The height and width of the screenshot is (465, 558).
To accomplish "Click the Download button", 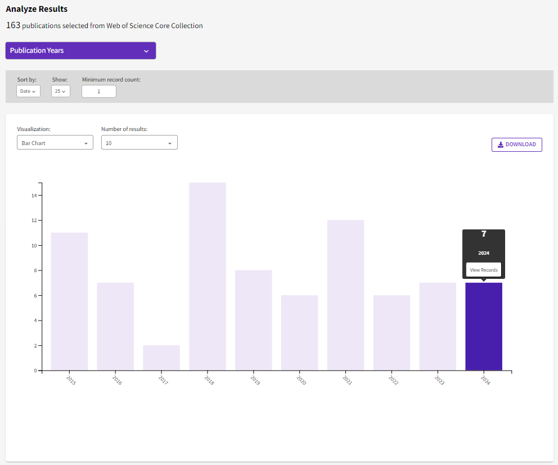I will (516, 145).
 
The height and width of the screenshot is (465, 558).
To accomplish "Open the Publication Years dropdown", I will (80, 51).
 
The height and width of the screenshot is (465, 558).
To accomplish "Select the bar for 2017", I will (161, 358).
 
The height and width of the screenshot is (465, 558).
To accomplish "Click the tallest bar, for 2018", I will (207, 276).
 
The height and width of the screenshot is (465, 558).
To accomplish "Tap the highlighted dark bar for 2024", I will (484, 326).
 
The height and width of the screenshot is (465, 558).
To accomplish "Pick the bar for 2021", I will (345, 295).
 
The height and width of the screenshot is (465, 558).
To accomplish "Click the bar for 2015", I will (69, 301).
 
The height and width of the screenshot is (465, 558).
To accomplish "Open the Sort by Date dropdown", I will (28, 91).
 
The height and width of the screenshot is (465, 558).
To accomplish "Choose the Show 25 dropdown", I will (61, 91).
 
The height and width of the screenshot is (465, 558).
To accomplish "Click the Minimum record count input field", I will (99, 91).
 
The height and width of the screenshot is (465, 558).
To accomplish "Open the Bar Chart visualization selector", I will (55, 143).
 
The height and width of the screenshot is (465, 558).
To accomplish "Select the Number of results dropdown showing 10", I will (139, 143).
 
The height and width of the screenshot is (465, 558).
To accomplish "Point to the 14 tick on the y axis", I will (34, 196).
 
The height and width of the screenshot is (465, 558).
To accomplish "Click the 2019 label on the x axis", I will (255, 380).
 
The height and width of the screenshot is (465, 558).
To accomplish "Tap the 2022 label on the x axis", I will (393, 380).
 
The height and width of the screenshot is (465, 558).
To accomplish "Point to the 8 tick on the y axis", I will (34, 270).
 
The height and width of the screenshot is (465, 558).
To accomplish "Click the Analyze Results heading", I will (37, 9).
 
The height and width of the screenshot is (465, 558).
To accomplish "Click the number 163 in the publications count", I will (13, 25).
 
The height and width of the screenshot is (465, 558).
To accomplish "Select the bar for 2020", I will (299, 333).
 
